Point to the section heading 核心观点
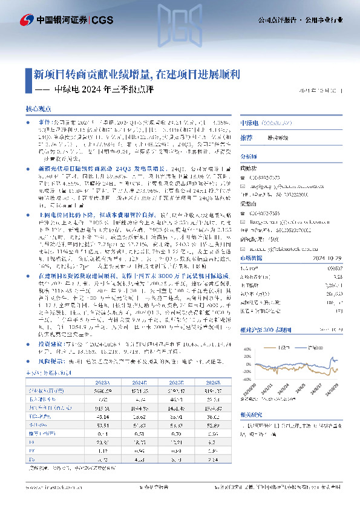[37, 109]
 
